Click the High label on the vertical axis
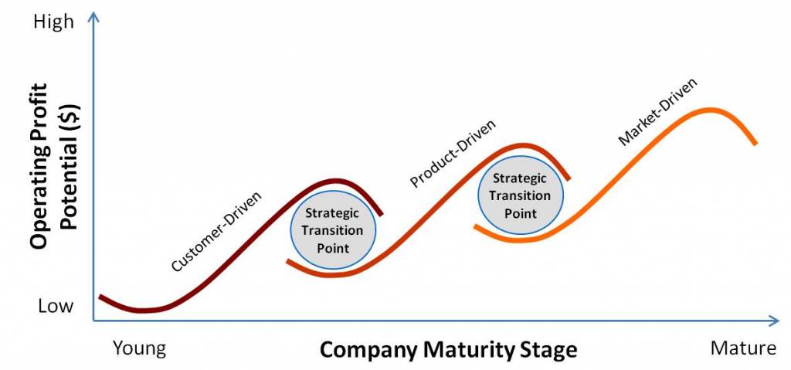[53, 22]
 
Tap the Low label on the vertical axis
[56, 306]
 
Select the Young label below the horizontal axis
[139, 348]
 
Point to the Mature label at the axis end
[743, 348]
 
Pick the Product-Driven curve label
[453, 154]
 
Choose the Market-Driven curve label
[657, 111]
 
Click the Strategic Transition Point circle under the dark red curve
[333, 230]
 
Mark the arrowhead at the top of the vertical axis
[93, 17]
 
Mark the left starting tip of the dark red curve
[100, 297]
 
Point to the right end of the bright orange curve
[755, 144]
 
